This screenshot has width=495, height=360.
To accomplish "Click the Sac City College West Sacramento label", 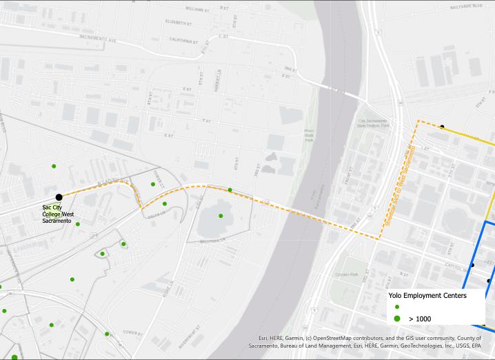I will click(x=57, y=214).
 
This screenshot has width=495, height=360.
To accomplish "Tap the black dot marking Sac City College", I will click(x=59, y=198).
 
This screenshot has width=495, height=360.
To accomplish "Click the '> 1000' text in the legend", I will click(x=421, y=319).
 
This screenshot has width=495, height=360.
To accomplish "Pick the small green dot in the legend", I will click(x=397, y=307).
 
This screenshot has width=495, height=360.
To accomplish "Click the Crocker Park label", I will click(x=346, y=274).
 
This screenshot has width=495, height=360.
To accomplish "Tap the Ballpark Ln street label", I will click(x=214, y=241).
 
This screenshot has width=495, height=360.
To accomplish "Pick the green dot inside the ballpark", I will click(x=221, y=216).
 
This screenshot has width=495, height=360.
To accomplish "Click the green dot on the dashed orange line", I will click(x=230, y=190).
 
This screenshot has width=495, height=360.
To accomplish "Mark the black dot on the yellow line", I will click(x=443, y=126).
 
